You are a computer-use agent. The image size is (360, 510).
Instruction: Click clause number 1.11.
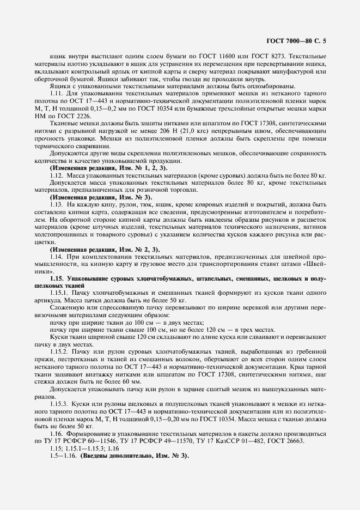[x=57, y=95]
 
